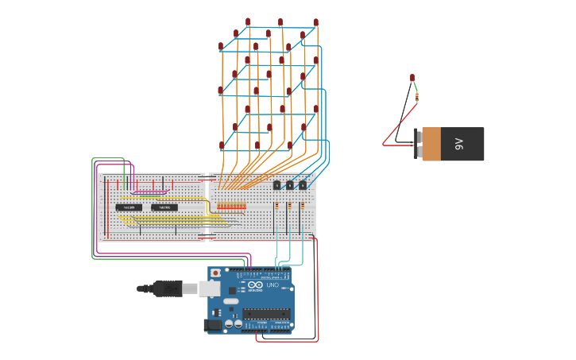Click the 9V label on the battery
pos(459,144)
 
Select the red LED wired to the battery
pos(412,78)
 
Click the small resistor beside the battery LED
pos(416,98)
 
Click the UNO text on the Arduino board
pos(273,285)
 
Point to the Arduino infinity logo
pos(255,285)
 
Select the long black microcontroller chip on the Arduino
pos(266,313)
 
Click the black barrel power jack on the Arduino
pos(213,324)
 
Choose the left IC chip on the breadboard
pos(129,207)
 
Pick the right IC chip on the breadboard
pos(164,207)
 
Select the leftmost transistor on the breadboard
pos(276,185)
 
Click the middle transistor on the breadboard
pos(289,185)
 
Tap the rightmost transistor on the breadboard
pos(302,185)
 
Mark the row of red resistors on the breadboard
pos(230,206)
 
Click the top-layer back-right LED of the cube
pos(315,22)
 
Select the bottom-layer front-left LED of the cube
pos(222,145)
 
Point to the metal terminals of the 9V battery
pos(418,144)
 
